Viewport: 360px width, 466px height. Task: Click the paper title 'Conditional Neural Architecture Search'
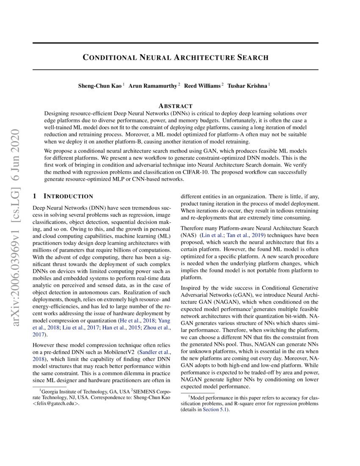pos(175,57)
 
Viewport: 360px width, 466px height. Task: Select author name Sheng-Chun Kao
pos(100,86)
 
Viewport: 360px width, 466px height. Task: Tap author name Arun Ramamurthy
pos(153,86)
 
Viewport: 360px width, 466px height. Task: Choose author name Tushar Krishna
pos(247,86)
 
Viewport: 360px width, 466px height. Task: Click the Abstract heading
pos(175,106)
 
